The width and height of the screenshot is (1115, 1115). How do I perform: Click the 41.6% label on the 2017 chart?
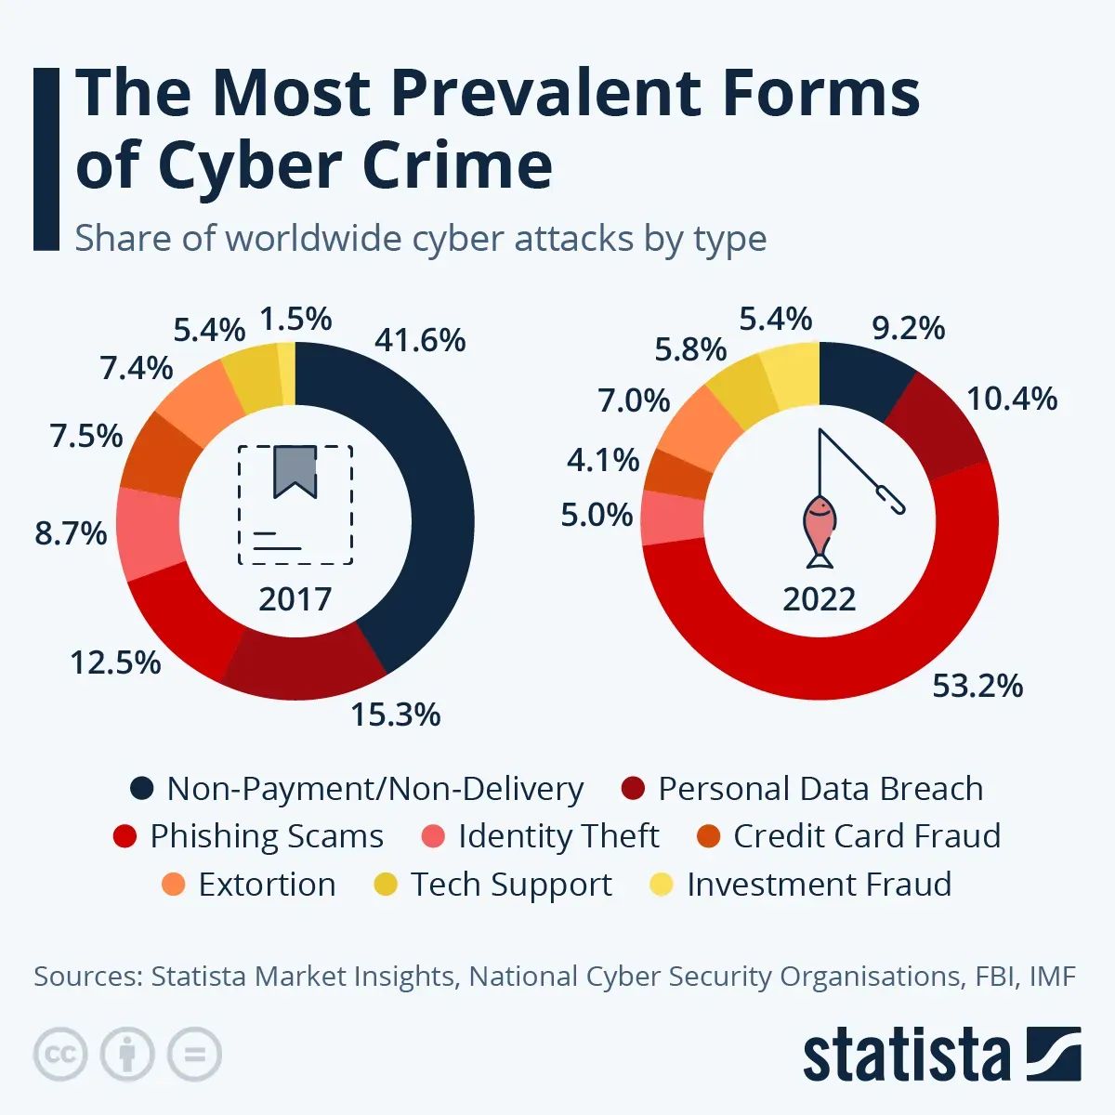pos(420,340)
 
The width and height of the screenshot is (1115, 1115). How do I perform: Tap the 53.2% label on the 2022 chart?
pos(977,686)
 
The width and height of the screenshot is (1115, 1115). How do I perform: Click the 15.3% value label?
pos(395,715)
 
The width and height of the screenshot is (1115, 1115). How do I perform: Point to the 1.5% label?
pos(295,319)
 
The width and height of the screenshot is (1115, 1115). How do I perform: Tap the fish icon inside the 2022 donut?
pos(819,531)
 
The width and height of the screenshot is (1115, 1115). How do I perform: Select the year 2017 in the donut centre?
pos(295,598)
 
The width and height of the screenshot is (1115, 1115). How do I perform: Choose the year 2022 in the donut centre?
pos(819,598)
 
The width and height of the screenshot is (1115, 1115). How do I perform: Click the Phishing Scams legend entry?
pos(266,836)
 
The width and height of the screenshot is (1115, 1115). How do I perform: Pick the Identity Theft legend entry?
pos(557,836)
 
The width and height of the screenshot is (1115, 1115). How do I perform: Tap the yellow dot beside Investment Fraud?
pos(661,885)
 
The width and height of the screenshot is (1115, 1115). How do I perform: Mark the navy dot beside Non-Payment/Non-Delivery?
pos(141,789)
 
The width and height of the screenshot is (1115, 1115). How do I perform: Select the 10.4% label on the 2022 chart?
pos(1012,399)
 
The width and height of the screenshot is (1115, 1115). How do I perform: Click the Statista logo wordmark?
pos(906,1056)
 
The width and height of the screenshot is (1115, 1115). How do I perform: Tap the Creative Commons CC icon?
pos(60,1055)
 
